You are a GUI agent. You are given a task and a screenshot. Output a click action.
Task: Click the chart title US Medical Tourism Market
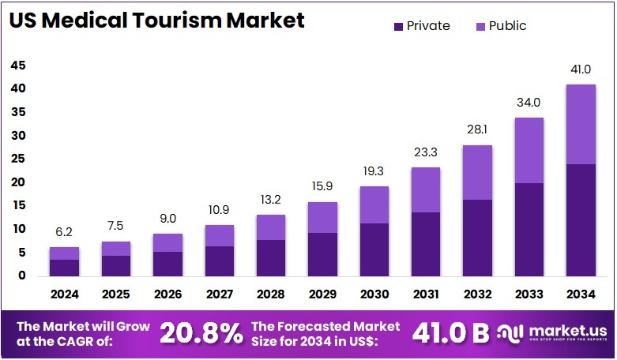click(156, 21)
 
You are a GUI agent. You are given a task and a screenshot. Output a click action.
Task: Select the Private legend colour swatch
click(397, 27)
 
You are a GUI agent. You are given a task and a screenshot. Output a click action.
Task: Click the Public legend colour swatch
click(480, 27)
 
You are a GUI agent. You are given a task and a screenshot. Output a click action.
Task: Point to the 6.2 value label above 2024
click(65, 233)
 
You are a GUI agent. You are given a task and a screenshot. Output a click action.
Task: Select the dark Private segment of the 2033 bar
click(530, 229)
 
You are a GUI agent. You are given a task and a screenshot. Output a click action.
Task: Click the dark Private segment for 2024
click(65, 268)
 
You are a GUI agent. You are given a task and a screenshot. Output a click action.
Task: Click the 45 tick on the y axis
click(18, 66)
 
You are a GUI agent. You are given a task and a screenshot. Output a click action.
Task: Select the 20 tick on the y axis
click(18, 182)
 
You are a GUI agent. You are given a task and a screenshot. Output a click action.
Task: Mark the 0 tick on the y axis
click(21, 276)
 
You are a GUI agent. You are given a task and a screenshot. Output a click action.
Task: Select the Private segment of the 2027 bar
click(220, 261)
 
